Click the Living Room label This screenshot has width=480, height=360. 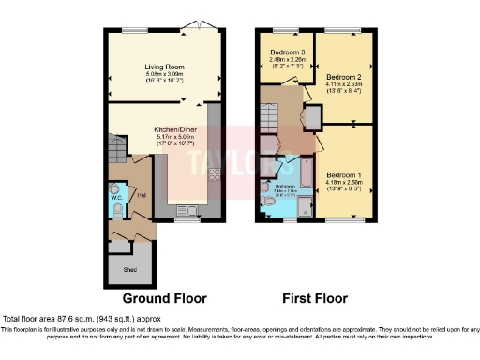point(164,67)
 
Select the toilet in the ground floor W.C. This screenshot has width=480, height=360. point(114,187)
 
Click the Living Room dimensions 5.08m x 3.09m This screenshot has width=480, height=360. point(164,75)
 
